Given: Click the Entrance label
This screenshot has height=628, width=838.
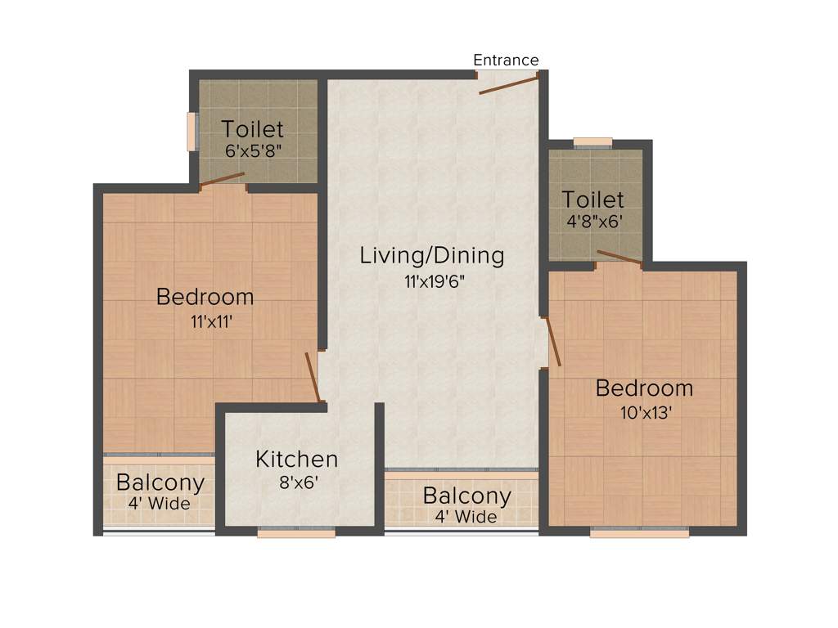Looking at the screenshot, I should [506, 60].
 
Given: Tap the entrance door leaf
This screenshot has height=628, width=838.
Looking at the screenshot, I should [508, 84].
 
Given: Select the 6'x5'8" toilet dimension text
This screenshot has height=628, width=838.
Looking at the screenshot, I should [253, 150].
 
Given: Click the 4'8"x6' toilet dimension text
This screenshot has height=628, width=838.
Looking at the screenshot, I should [592, 221].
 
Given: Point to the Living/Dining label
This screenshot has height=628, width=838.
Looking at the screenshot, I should [432, 255].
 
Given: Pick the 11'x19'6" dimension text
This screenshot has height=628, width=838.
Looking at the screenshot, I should [432, 280].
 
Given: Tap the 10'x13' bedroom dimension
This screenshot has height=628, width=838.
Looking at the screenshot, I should [647, 412].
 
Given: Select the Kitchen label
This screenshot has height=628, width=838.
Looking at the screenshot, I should [296, 459].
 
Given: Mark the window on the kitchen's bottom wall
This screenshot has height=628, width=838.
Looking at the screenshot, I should [296, 532].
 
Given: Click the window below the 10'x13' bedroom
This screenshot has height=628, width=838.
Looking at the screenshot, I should [640, 532].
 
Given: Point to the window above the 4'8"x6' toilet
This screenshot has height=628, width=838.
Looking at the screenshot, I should [592, 143].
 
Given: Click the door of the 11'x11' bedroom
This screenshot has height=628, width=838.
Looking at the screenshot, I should [312, 377].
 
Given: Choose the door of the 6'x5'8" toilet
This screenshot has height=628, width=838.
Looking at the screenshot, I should [222, 181].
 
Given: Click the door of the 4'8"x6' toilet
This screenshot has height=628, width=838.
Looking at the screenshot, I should [619, 258].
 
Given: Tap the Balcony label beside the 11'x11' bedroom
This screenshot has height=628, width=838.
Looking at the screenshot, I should [160, 482].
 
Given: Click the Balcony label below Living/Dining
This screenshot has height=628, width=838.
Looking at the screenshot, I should [466, 496].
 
